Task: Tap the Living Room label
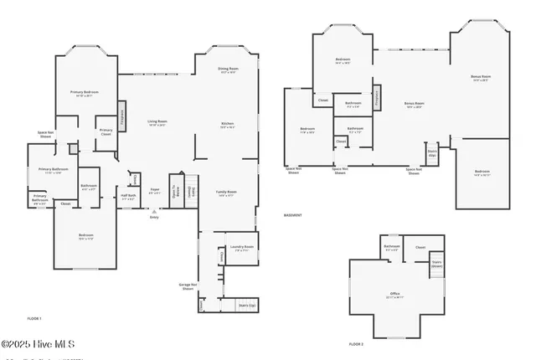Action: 157,123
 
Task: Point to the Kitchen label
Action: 227,125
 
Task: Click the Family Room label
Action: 227,193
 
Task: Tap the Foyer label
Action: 155,191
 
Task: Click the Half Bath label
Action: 128,197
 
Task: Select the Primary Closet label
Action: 106,131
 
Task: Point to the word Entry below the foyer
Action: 154,217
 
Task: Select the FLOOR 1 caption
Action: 34,319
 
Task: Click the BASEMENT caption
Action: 292,215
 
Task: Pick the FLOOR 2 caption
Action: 357,344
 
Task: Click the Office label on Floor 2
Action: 394,295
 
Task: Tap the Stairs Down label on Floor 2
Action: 436,264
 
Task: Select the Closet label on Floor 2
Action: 420,247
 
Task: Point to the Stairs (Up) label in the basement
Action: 432,155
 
